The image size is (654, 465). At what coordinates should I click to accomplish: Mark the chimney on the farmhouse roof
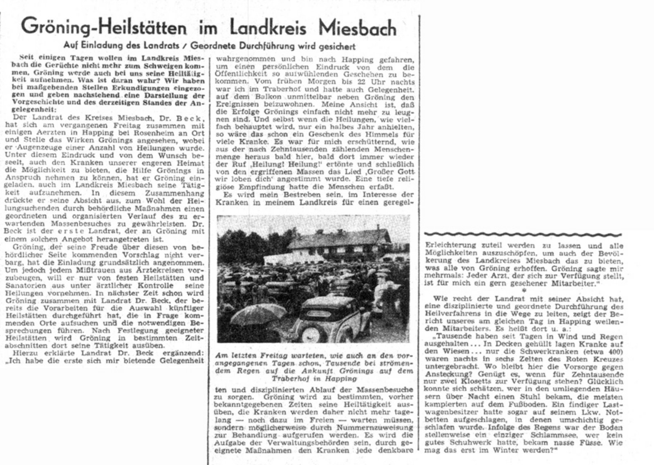pos(379,227)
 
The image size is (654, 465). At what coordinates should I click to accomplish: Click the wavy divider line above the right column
pos(524,234)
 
